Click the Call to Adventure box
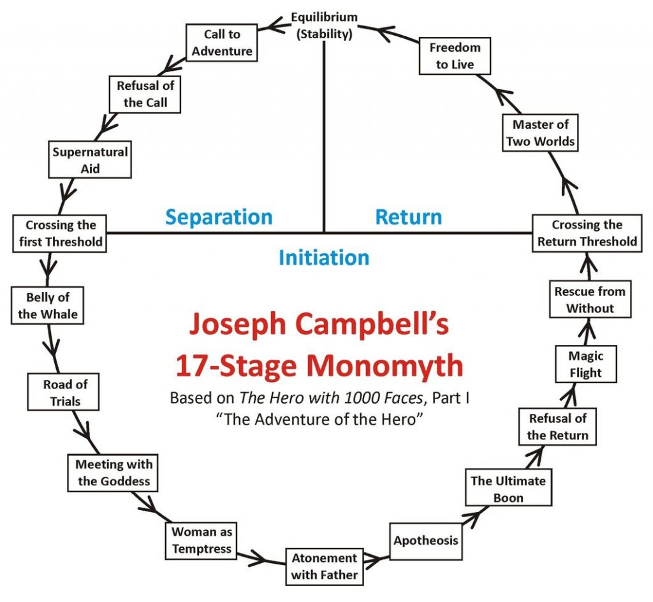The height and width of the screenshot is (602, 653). [221, 43]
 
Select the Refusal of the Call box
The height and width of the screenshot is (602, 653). [145, 94]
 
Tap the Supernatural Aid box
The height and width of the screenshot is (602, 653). [90, 160]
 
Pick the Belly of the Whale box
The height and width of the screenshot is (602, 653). [47, 305]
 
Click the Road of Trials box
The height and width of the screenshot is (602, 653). [63, 392]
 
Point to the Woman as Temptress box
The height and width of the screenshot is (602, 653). [201, 540]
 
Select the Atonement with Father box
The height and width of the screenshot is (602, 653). [325, 567]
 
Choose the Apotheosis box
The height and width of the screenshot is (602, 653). [425, 541]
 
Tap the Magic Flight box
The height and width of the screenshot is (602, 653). [586, 364]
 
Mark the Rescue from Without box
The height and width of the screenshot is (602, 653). [590, 299]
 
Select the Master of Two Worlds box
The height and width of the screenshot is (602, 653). [540, 133]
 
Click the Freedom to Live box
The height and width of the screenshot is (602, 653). [455, 55]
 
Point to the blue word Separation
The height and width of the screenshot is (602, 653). [219, 217]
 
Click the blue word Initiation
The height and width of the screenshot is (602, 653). [324, 257]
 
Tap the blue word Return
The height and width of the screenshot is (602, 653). [409, 217]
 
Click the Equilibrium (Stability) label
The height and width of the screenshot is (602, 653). [324, 26]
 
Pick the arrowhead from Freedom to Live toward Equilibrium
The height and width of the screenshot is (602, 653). [385, 33]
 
